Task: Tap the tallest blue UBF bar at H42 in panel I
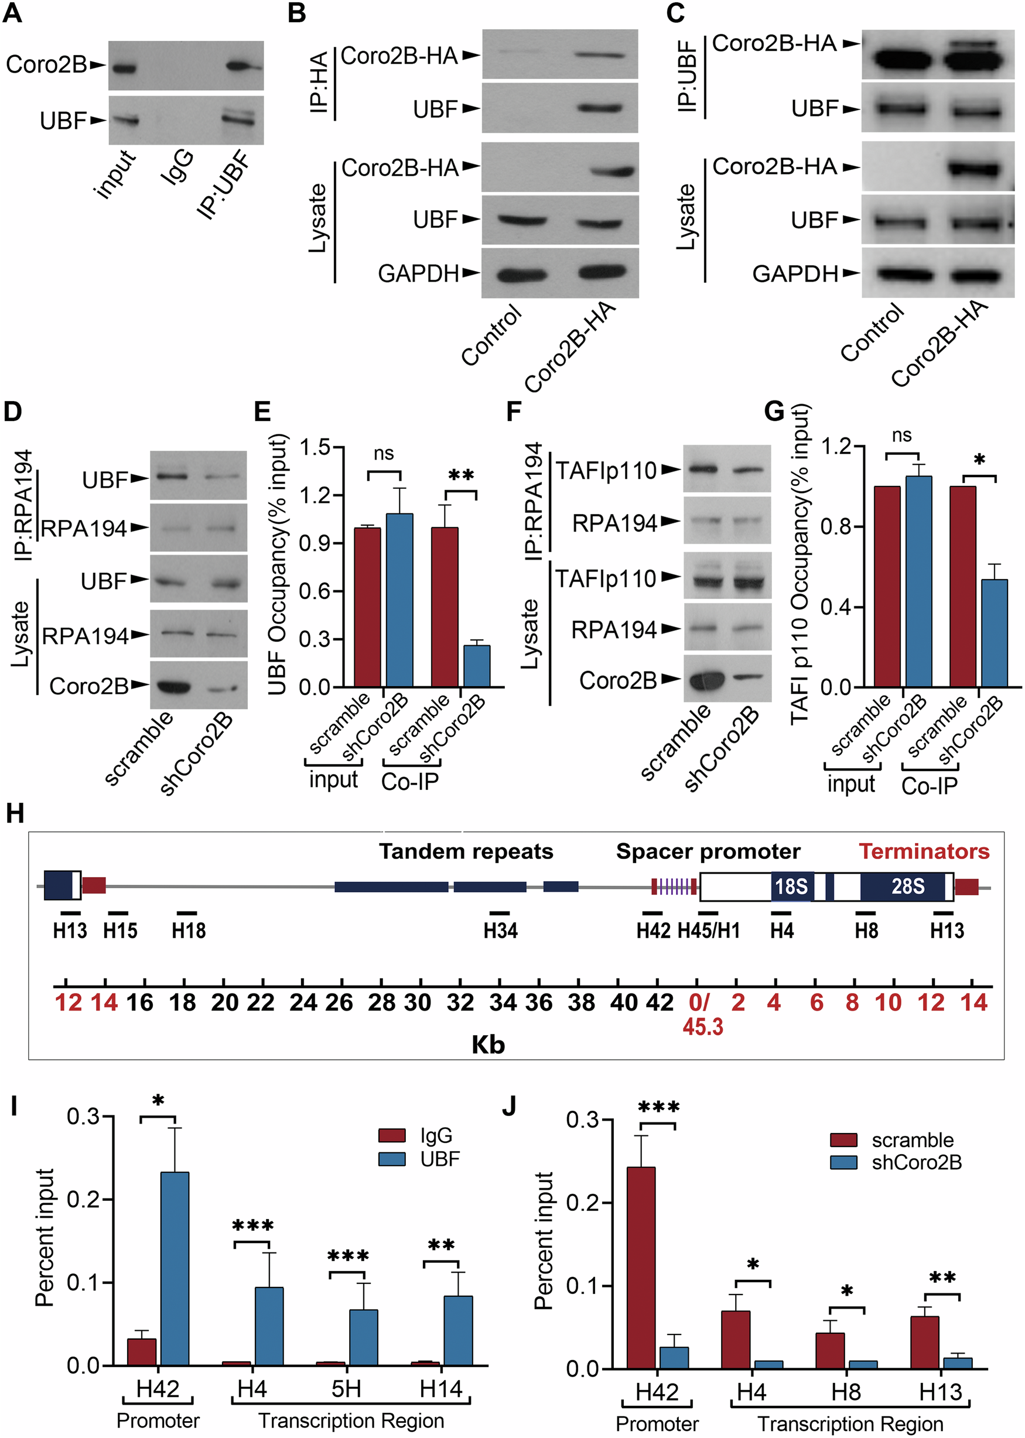pos(174,1268)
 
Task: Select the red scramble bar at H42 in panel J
pos(641,1268)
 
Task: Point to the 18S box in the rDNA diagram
pos(791,886)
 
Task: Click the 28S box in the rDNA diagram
pos(907,886)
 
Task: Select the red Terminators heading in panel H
pos(924,851)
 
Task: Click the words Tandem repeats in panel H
pos(466,851)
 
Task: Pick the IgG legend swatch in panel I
pos(392,1136)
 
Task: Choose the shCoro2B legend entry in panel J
pos(917,1162)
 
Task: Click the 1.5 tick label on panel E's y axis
pos(315,447)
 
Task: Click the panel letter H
pos(15,814)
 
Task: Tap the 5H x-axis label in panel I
pos(347,1388)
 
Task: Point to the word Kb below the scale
pos(488,1045)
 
